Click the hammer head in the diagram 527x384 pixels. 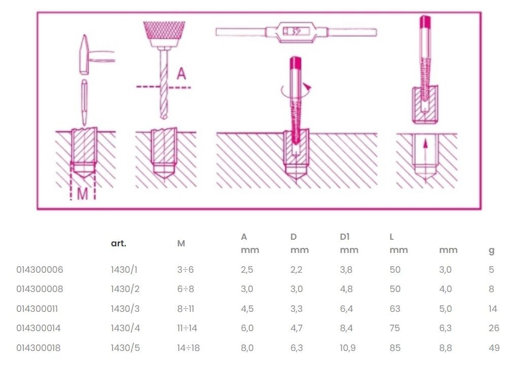pyautogui.click(x=84, y=54)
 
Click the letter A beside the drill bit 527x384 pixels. pyautogui.click(x=181, y=73)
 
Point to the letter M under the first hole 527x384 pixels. pyautogui.click(x=83, y=194)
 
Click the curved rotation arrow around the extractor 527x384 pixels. pyautogui.click(x=296, y=90)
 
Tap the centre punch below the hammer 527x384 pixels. pyautogui.click(x=84, y=102)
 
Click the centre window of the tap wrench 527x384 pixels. pyautogui.click(x=296, y=31)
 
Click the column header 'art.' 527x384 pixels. pyautogui.click(x=119, y=243)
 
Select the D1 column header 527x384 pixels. pyautogui.click(x=345, y=237)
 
